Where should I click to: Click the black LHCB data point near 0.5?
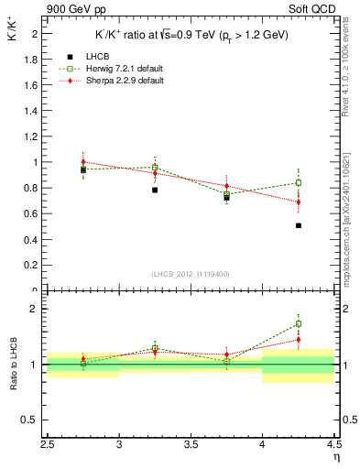click(x=299, y=225)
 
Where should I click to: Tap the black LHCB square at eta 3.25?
click(x=155, y=190)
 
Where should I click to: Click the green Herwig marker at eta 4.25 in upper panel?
click(x=299, y=182)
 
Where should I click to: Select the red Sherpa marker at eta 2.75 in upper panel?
click(x=83, y=162)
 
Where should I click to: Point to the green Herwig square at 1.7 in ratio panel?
click(x=299, y=323)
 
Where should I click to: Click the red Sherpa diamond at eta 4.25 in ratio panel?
click(x=299, y=340)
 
